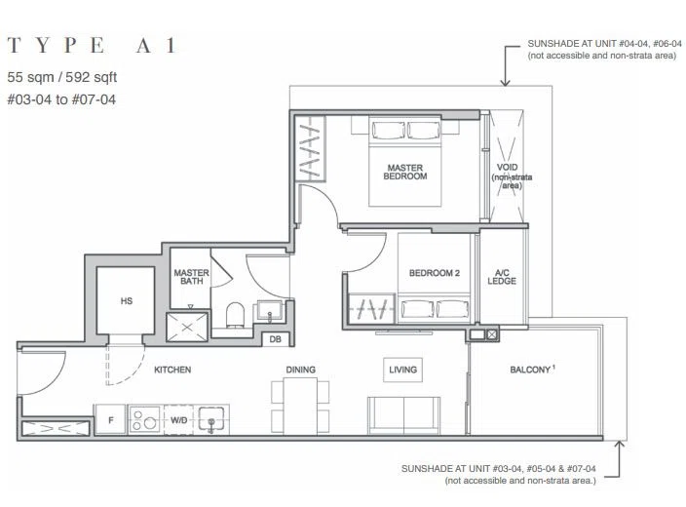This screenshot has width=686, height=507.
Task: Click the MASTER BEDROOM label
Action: (405, 172)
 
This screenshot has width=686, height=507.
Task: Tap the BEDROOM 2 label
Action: (435, 273)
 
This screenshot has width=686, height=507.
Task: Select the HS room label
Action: (127, 301)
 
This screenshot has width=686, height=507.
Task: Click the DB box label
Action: (275, 339)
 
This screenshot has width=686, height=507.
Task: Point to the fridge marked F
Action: (111, 420)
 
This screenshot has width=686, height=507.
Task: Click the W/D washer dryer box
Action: (179, 420)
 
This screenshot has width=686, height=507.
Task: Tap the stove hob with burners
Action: (145, 420)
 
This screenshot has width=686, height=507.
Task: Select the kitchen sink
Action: (211, 419)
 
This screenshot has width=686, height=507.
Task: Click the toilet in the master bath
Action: (235, 315)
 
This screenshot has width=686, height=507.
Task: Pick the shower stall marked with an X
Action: (187, 327)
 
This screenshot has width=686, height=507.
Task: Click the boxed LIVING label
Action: (403, 370)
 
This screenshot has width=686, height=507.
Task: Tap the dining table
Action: (300, 406)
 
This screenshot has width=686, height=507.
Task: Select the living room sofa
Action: (403, 415)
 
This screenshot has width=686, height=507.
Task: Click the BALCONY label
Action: (531, 370)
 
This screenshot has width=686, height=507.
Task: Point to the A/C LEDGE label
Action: (502, 277)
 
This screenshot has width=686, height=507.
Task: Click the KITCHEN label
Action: (172, 370)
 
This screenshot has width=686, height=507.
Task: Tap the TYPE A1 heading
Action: (92, 45)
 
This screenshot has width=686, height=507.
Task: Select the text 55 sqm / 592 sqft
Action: (62, 77)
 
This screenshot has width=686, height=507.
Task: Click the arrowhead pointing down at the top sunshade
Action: (506, 82)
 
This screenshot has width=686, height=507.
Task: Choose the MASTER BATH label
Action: (192, 277)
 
